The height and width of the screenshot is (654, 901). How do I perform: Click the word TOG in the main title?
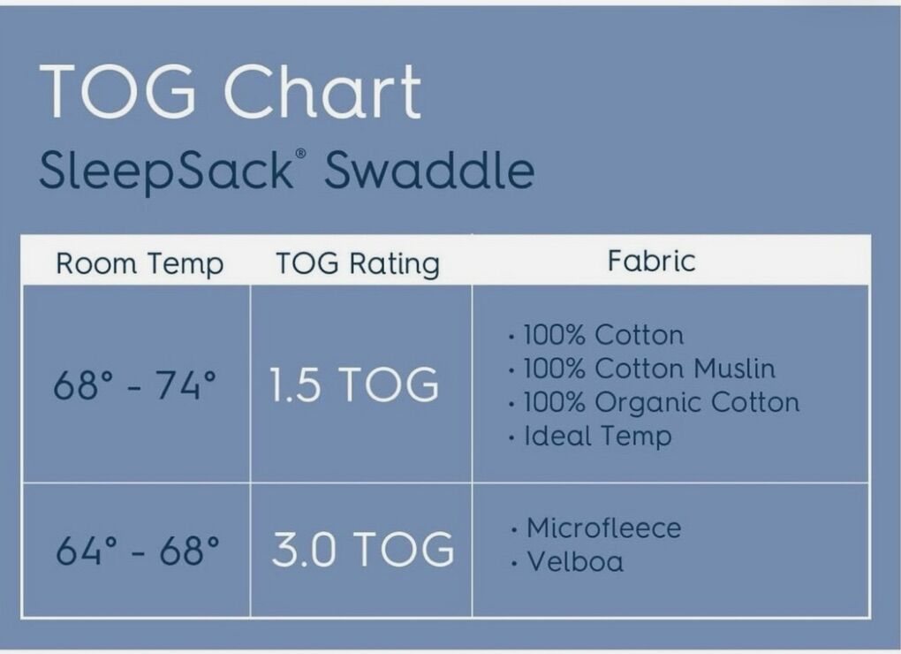pos(117,91)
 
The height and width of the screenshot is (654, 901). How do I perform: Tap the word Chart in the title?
pos(322,91)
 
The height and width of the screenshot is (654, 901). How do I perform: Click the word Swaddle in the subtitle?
pos(429,169)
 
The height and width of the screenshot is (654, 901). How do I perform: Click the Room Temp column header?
pos(140,263)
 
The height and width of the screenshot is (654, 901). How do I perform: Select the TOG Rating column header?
pos(358,263)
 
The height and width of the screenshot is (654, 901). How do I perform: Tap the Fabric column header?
pos(652,261)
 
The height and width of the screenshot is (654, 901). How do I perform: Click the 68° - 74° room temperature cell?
pos(135,384)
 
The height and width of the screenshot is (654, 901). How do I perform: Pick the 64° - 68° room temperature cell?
pos(137,550)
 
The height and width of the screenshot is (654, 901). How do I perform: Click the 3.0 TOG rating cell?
pos(363,549)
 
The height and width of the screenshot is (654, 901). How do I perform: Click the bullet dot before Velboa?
pos(513,563)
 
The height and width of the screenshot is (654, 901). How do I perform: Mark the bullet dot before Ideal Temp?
pos(511,438)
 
